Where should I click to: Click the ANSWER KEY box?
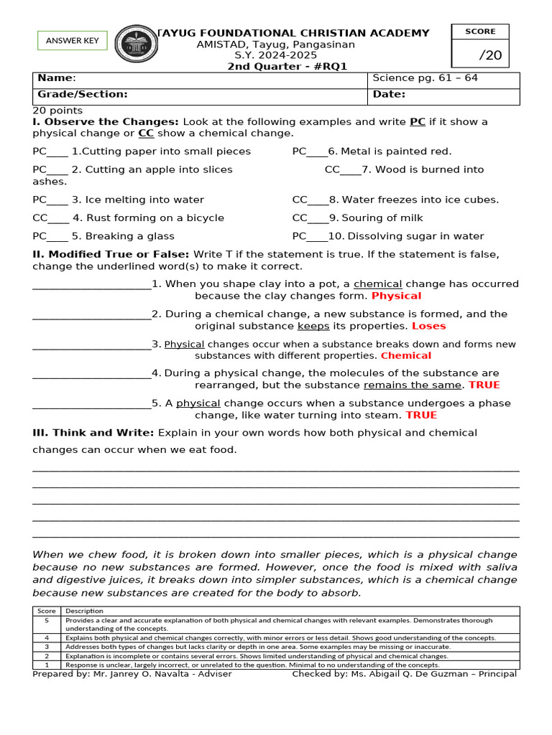tap(73, 41)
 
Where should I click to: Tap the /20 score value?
tap(490, 55)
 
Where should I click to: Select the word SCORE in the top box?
tap(480, 32)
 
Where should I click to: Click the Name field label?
tap(57, 78)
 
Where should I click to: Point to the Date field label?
tap(388, 94)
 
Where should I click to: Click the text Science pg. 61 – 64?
tap(425, 78)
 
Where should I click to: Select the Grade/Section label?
tap(82, 94)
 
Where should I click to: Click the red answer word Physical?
tap(396, 296)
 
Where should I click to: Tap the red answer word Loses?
tap(428, 326)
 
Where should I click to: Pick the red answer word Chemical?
tap(406, 355)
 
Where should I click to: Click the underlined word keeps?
tap(313, 326)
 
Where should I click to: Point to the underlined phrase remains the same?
tap(413, 385)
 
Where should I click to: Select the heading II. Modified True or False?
tap(111, 254)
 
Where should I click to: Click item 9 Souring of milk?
tap(382, 218)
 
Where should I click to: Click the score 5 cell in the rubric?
tap(47, 620)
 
